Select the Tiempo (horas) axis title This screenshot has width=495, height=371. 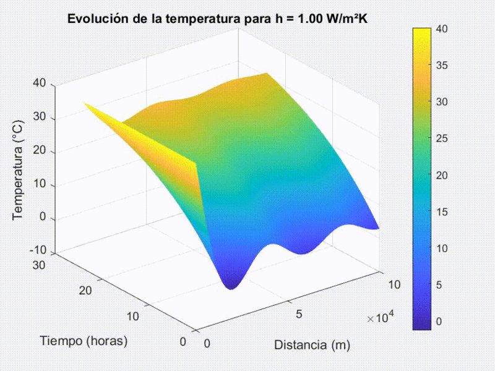pos(84,340)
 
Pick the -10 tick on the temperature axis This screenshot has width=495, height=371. pos(37,250)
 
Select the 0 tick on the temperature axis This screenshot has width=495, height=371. pos(43,218)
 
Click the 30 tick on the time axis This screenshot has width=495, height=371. pos(40,265)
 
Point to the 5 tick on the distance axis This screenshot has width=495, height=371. pos(299,314)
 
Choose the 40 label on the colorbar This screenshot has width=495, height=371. pos(441,28)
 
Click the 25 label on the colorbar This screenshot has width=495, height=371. pos(441,139)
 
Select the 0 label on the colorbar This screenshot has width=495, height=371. pos(439,322)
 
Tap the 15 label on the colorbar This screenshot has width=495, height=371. pos(441,211)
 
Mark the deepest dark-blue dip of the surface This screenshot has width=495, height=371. pos(231,285)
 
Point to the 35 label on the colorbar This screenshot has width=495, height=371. pos(441,65)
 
